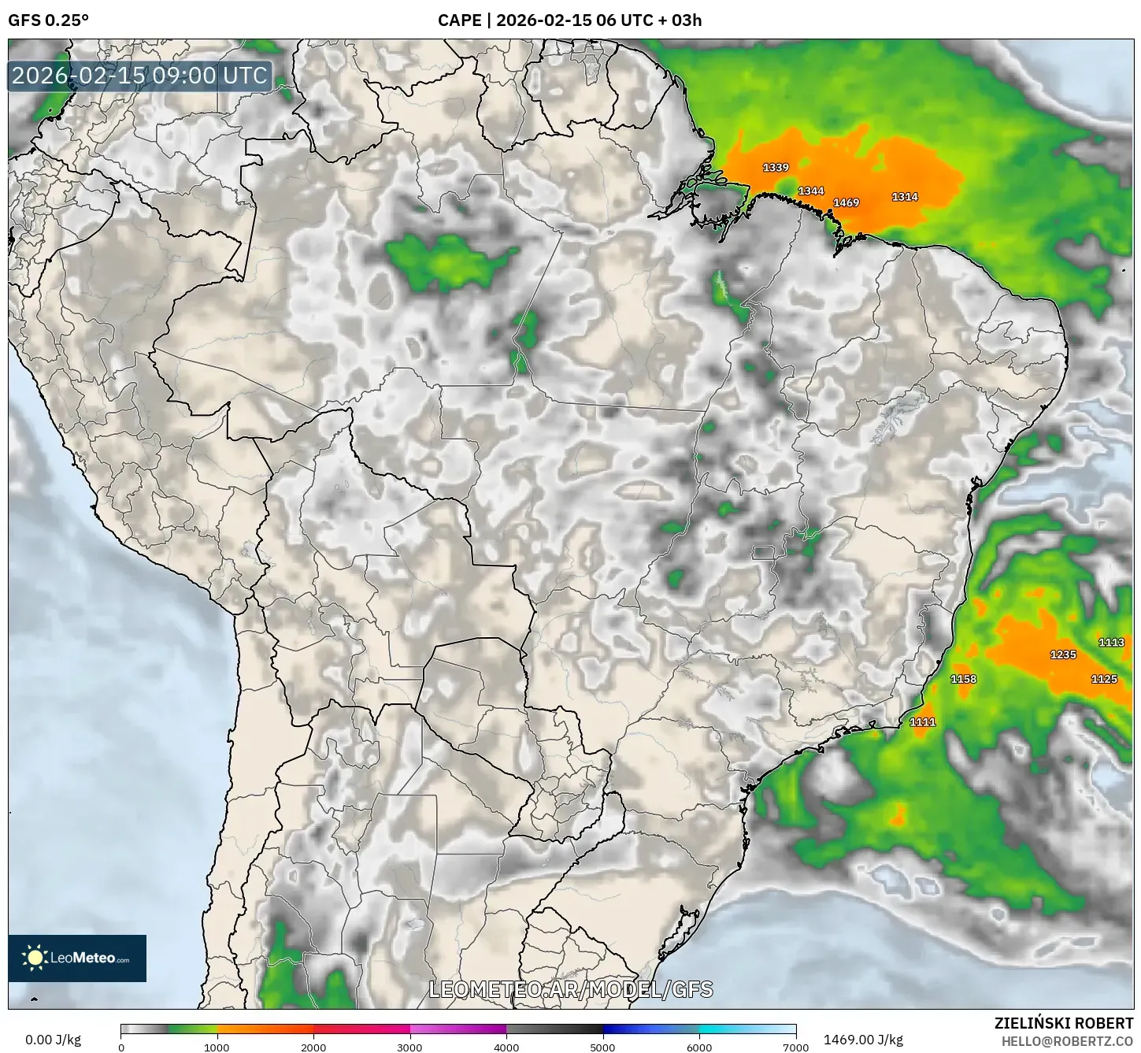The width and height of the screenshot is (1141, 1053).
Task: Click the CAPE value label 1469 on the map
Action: click(846, 202)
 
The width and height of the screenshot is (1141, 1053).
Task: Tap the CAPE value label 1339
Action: click(776, 167)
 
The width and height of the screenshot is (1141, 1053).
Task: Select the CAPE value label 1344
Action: click(811, 191)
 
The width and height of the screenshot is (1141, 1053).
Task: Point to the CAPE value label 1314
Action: click(904, 197)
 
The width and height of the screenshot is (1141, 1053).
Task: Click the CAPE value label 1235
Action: click(1062, 654)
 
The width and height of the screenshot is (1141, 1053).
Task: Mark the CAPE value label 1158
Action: click(963, 679)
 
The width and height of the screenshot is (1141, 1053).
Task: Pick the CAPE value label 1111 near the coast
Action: click(922, 721)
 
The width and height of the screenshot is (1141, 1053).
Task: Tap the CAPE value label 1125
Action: click(1104, 679)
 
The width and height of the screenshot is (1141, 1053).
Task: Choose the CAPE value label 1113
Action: click(1111, 642)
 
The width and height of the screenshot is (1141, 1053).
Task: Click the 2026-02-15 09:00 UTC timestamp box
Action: click(140, 76)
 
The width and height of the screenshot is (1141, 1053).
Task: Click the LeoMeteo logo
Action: click(77, 958)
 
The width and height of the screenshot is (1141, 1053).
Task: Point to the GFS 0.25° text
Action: click(48, 20)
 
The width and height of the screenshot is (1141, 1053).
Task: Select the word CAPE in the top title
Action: click(459, 20)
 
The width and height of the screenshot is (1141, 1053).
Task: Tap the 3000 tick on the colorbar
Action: click(410, 1047)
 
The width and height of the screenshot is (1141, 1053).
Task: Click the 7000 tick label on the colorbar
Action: click(795, 1047)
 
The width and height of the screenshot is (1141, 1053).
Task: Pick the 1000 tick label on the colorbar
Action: click(217, 1047)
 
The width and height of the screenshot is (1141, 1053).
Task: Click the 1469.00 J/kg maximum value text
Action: click(863, 1040)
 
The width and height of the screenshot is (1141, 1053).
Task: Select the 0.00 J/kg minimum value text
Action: click(54, 1040)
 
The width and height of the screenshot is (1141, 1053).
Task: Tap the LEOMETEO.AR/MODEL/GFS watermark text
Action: click(571, 989)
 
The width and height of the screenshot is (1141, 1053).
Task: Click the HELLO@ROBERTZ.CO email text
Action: click(1067, 1041)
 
